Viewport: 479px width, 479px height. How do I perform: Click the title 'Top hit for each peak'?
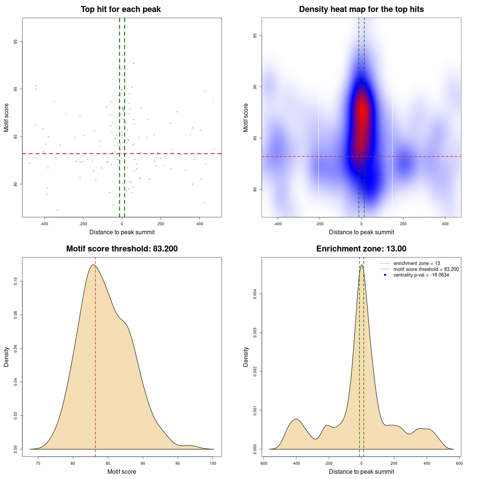point(120,9)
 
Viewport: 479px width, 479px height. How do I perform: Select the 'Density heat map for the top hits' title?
point(361,9)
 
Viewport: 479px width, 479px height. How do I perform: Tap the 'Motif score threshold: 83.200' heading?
point(122,249)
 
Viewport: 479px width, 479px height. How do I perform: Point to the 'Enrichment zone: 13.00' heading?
point(361,249)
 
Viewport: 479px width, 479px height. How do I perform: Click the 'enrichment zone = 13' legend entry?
point(417,263)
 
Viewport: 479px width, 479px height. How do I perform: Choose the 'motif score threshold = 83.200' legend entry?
point(426,269)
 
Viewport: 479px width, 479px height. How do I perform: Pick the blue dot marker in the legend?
point(385,275)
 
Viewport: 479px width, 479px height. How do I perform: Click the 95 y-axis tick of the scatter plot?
point(15,42)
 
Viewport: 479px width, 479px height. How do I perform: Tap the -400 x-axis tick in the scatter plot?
point(44,224)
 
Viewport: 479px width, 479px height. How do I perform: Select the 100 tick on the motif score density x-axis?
point(213,463)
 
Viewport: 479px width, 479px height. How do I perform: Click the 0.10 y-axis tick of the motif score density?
point(15,281)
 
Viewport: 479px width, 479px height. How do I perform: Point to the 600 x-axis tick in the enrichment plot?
point(460,463)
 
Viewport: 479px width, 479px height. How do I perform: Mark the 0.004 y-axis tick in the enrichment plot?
point(255,294)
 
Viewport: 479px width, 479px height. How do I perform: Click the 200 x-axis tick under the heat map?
point(403,224)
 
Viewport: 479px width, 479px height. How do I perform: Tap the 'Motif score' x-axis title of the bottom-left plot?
point(122,472)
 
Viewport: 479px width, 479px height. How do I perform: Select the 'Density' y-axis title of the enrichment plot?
point(246,357)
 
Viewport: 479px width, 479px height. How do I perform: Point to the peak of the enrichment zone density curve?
point(361,265)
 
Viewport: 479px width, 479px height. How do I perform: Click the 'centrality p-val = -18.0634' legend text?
point(421,275)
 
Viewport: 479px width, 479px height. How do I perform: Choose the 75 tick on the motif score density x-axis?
point(38,463)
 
